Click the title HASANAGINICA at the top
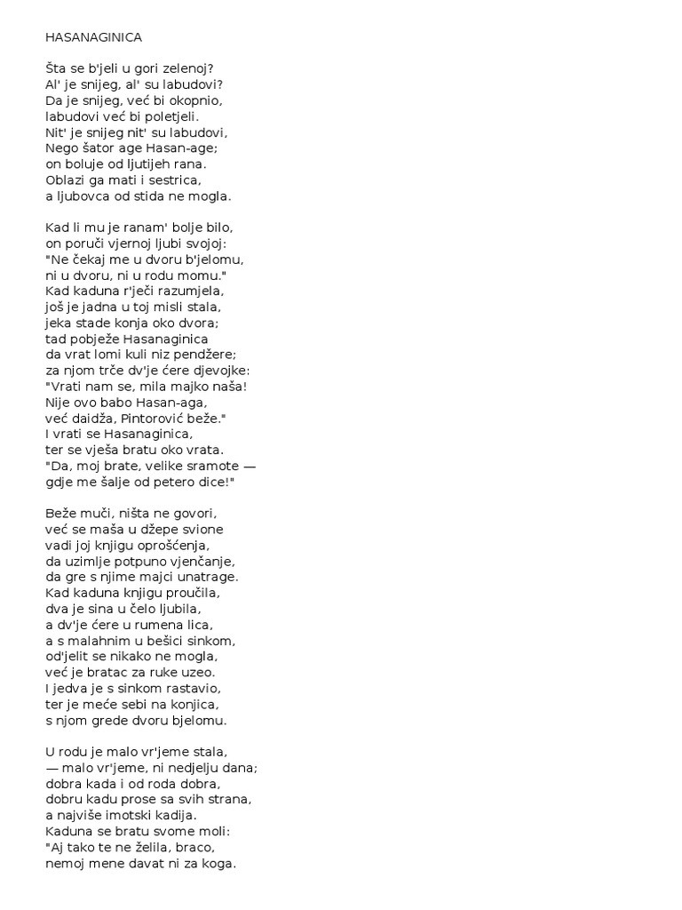(x=93, y=38)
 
